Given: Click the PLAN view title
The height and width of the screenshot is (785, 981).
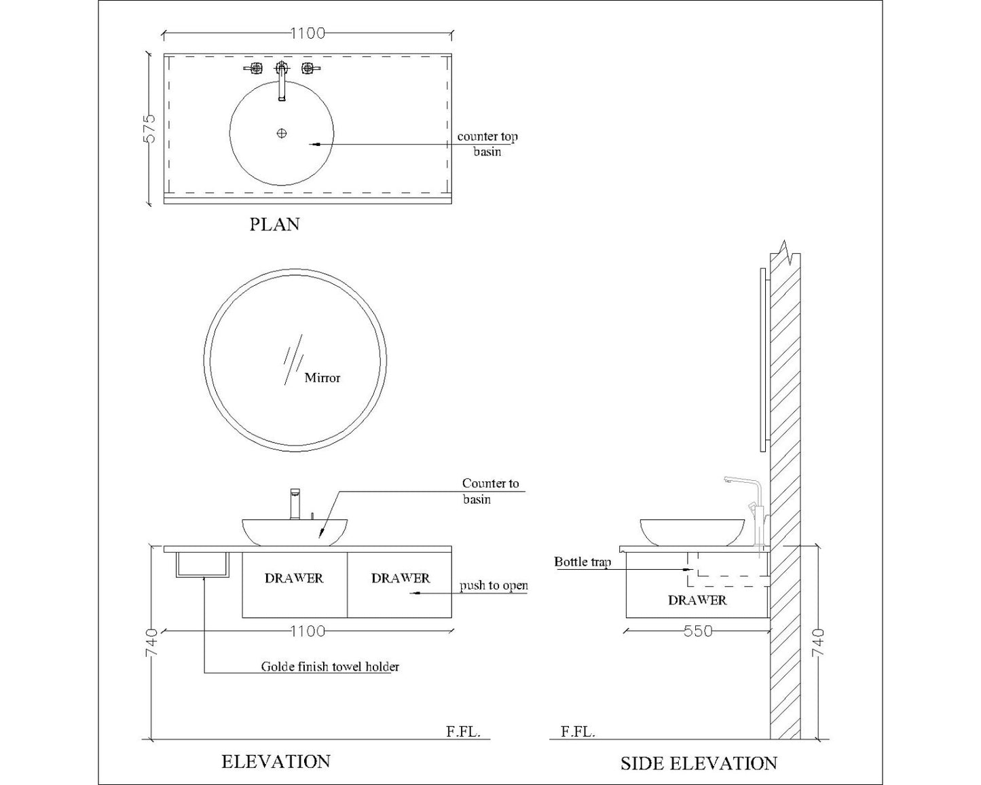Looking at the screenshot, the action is point(274,224).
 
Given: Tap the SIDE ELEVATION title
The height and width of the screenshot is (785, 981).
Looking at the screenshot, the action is point(699,763).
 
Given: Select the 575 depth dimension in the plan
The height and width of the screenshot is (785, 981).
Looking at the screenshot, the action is point(149,128).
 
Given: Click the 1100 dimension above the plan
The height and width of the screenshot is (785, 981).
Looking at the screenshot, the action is point(308,33).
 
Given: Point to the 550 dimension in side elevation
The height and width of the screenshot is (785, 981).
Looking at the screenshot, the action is point(698,632).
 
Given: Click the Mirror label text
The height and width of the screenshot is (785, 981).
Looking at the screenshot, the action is point(322,378).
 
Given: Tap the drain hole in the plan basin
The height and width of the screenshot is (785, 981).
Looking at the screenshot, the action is point(282,133).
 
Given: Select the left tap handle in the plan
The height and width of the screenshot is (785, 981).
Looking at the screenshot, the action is point(254,69).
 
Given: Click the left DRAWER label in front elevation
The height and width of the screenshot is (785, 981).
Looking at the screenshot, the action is point(294,579).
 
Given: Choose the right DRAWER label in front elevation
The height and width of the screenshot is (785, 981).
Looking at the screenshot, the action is point(401,579).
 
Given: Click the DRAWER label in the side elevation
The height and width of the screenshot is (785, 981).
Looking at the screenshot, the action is point(697,600).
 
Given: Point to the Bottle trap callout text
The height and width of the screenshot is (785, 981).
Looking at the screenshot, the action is point(582,562).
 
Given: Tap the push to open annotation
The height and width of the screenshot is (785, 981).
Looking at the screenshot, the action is point(494,585).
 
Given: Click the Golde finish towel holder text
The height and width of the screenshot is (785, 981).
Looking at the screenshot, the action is point(330,667).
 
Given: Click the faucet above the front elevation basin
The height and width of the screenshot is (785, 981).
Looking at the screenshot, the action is point(295,504).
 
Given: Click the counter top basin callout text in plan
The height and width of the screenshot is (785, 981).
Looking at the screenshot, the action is point(487,144).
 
